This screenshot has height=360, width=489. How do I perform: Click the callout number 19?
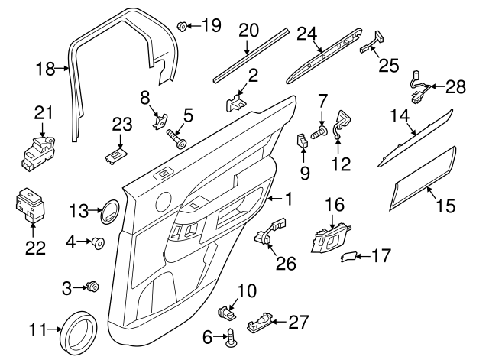point(210,25)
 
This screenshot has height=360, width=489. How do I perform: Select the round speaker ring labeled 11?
point(79,330)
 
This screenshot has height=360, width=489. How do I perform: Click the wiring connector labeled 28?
point(420,84)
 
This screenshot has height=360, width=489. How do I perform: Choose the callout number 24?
point(306,34)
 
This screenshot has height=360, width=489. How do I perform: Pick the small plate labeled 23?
point(115,155)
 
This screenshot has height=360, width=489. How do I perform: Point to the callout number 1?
point(289,199)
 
